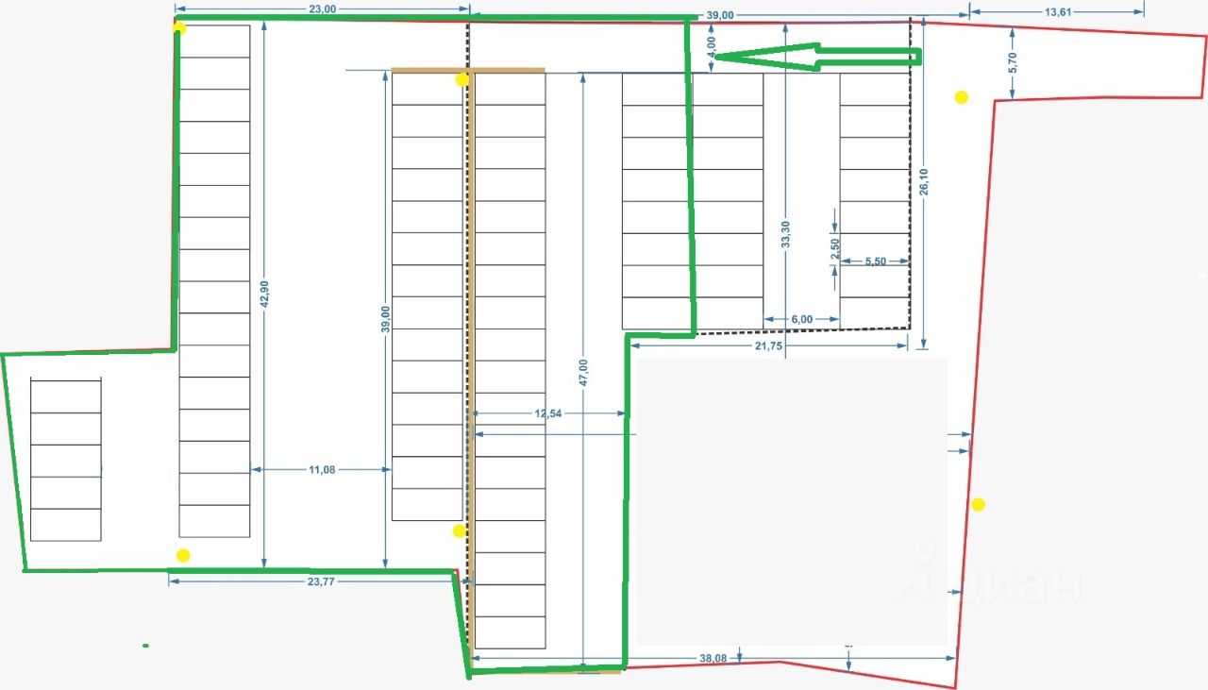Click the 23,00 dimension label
coord(322,9)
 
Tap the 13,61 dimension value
coord(1058,12)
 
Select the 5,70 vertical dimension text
coord(1012,62)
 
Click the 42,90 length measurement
coord(265,295)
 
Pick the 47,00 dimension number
coord(583,373)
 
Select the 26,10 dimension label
coord(924,181)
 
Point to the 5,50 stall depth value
coord(875,261)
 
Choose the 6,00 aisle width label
coord(801,319)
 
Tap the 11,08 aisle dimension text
coord(322,469)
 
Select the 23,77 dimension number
coord(321,582)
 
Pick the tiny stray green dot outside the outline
coord(145,646)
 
